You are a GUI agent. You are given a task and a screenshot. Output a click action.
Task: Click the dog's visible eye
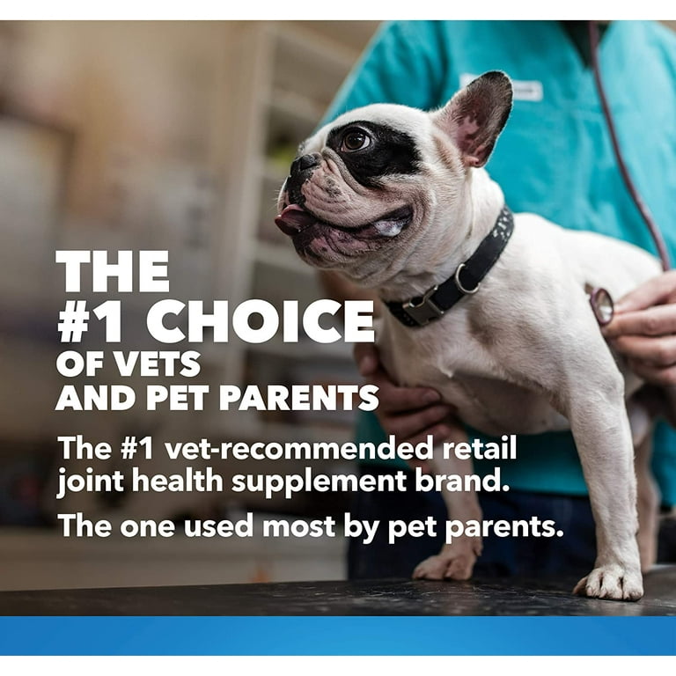pos(356,140)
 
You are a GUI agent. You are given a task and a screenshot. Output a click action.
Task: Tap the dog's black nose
pos(305,163)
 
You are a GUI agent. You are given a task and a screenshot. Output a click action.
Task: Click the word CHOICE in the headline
pos(261,321)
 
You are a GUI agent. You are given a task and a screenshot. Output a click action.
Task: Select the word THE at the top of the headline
pos(113,271)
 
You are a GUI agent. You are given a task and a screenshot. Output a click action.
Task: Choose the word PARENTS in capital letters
pos(299,398)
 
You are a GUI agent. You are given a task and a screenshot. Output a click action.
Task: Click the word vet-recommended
pos(298,448)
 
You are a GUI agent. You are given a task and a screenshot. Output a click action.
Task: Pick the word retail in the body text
pos(480,448)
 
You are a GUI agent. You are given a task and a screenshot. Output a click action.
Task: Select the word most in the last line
pos(299,526)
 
